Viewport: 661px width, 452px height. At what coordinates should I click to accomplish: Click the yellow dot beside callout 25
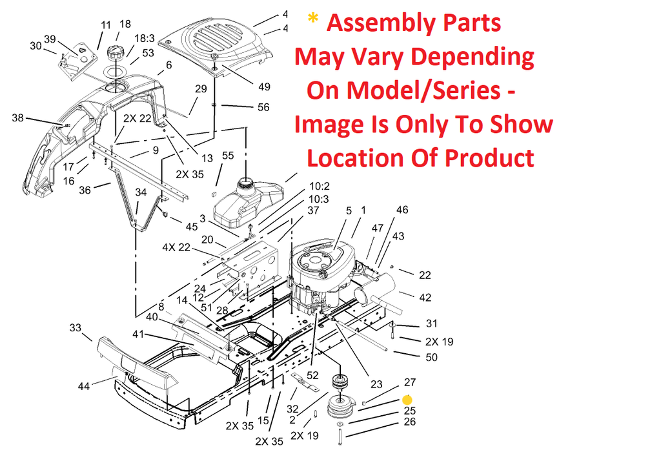pyautogui.click(x=407, y=400)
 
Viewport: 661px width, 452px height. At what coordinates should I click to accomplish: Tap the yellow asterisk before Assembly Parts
pyautogui.click(x=313, y=20)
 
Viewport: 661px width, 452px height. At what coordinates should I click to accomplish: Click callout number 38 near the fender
pyautogui.click(x=17, y=118)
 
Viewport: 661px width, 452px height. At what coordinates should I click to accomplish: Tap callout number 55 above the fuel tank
pyautogui.click(x=228, y=156)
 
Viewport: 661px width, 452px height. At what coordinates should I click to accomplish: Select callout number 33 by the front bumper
pyautogui.click(x=76, y=328)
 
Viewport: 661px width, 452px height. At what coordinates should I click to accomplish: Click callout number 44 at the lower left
pyautogui.click(x=83, y=386)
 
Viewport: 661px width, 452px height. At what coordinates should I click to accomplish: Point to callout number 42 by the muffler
pyautogui.click(x=425, y=298)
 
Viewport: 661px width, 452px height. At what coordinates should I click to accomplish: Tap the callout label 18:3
pyautogui.click(x=144, y=39)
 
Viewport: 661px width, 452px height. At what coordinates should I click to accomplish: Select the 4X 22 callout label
pyautogui.click(x=176, y=247)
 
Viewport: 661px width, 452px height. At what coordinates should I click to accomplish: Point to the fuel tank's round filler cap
pyautogui.click(x=246, y=184)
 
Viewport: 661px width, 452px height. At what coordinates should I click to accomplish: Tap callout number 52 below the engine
pyautogui.click(x=312, y=375)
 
